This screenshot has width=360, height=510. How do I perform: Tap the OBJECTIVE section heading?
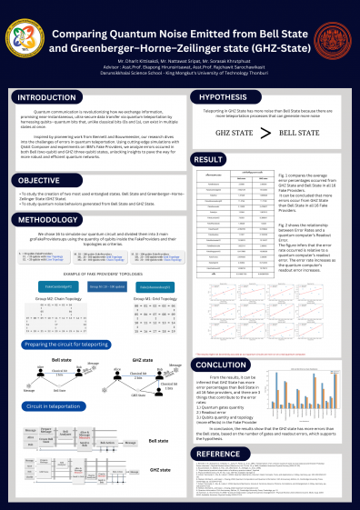40,181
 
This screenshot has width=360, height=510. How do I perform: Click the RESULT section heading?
210,160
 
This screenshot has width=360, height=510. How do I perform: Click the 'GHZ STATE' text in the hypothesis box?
235,133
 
